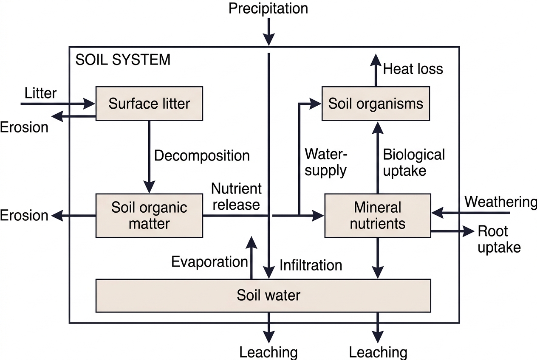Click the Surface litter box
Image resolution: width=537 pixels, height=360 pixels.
coord(149,104)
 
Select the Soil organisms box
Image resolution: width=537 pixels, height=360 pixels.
coord(376,104)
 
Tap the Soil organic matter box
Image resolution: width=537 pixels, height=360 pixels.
coord(149,216)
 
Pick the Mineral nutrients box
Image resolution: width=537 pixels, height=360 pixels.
coord(378,216)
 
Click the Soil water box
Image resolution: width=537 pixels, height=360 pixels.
coord(263,295)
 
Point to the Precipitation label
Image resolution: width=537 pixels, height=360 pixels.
coord(268,8)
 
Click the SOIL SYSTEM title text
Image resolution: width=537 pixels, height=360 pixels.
coord(123,59)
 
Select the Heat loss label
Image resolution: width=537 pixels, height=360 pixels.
coord(413,69)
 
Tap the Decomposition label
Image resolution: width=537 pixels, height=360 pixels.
coord(202,156)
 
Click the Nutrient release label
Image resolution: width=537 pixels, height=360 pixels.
coord(236,197)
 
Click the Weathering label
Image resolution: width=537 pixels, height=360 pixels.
coord(500,202)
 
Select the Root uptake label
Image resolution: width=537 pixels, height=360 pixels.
coord(499,239)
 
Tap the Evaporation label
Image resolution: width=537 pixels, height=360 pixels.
coord(209,262)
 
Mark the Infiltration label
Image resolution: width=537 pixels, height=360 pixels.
coord(311,265)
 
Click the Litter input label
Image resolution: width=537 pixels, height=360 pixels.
coord(40,93)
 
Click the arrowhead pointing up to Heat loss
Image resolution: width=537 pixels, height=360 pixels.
coord(376,60)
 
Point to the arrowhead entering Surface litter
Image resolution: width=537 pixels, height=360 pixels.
coord(89,104)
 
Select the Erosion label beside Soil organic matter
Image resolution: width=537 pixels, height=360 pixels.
coord(24,216)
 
